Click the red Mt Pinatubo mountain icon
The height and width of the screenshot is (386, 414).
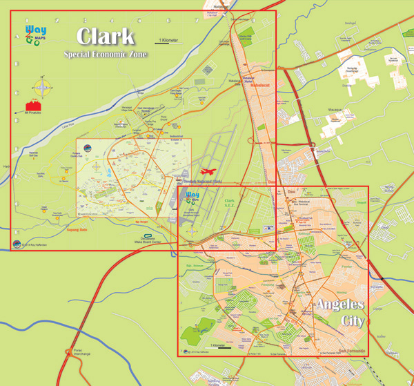[x=31, y=106]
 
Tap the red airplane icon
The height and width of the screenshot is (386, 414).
[x=208, y=171]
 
